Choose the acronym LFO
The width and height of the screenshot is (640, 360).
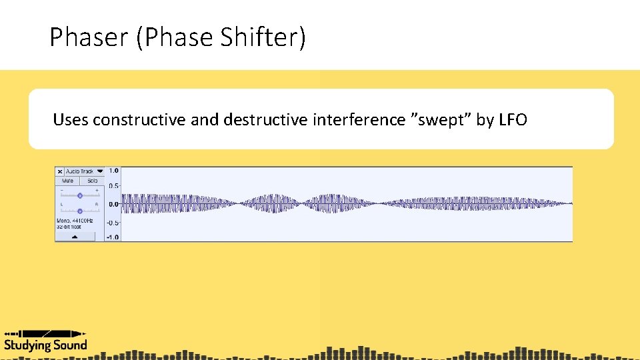click(513, 120)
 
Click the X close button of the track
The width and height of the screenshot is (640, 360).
click(59, 171)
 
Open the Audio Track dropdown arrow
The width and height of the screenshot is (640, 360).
click(100, 171)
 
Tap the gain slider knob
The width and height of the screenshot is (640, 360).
click(80, 195)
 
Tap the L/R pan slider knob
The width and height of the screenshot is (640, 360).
click(80, 211)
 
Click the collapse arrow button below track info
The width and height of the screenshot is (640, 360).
click(75, 236)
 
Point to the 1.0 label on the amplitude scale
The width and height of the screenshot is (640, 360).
click(113, 171)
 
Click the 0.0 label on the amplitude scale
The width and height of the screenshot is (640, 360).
click(113, 204)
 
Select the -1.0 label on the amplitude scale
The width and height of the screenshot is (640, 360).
click(113, 237)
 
